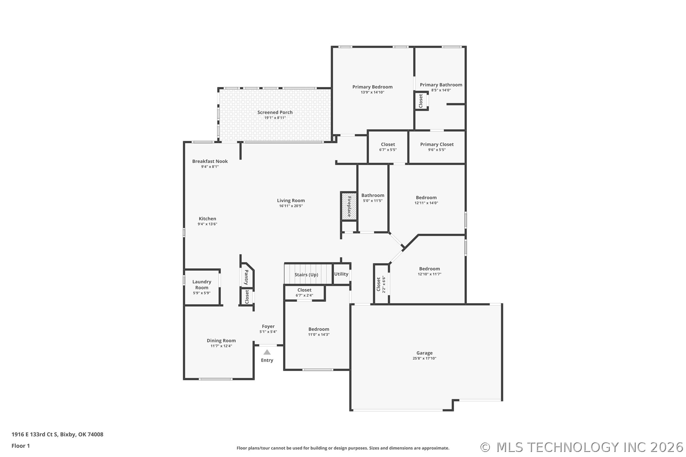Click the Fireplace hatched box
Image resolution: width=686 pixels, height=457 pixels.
tap(349, 206)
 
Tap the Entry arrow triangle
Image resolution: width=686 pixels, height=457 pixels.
tap(267, 352)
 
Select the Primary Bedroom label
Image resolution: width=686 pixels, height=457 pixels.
tap(372, 87)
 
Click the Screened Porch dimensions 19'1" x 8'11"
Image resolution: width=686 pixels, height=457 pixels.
tap(275, 118)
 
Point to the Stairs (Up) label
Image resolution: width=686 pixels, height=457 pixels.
tap(306, 274)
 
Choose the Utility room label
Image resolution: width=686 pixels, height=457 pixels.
tap(341, 274)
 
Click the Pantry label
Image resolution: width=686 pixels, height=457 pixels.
tap(247, 277)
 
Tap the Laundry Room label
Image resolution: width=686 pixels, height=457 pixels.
tap(202, 285)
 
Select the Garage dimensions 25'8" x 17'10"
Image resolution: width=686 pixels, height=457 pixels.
tap(425, 358)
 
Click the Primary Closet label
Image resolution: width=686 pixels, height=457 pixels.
tap(437, 144)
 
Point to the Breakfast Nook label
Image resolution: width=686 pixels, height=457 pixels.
tap(210, 161)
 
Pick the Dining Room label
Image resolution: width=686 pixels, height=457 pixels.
tap(221, 340)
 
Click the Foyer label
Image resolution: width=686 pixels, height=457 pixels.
tap(268, 326)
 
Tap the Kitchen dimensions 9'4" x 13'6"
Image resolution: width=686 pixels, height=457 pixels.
tap(207, 224)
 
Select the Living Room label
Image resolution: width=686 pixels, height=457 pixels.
tap(291, 200)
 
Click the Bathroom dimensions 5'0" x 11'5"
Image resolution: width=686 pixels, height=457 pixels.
tap(373, 201)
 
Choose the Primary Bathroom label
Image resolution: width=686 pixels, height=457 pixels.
tap(441, 85)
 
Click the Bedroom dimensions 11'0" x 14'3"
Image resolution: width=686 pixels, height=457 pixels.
tap(319, 334)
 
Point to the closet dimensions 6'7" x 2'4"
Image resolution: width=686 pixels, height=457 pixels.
tap(304, 295)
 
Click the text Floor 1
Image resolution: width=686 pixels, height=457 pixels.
tap(21, 446)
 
